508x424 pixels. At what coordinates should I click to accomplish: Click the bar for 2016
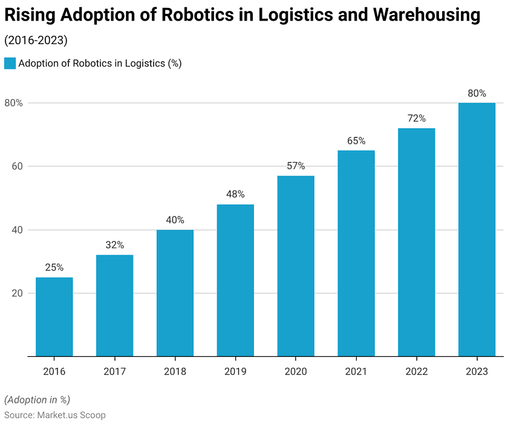[x=54, y=317]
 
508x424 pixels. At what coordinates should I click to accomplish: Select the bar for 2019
[x=235, y=281]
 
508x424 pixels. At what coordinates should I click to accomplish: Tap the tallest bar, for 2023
[x=477, y=230]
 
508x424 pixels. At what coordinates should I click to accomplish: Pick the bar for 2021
[x=356, y=253]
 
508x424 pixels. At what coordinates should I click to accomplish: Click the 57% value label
[x=296, y=166]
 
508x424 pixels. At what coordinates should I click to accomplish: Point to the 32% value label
[x=114, y=245]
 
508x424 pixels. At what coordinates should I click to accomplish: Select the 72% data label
[x=417, y=119]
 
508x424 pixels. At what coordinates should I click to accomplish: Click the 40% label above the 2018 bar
[x=175, y=220]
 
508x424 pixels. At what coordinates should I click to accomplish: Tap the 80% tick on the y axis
[x=13, y=103]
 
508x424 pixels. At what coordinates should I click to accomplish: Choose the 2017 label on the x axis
[x=114, y=371]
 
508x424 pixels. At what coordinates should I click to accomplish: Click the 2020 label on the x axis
[x=296, y=371]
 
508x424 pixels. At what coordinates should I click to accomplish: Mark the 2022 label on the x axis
[x=417, y=371]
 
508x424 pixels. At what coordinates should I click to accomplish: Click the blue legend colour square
[x=10, y=64]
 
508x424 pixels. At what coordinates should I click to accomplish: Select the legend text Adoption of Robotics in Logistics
[x=100, y=64]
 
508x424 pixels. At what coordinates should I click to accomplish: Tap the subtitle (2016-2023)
[x=36, y=41]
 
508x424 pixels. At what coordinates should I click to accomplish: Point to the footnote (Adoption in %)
[x=37, y=399]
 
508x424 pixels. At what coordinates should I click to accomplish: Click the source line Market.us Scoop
[x=55, y=415]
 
